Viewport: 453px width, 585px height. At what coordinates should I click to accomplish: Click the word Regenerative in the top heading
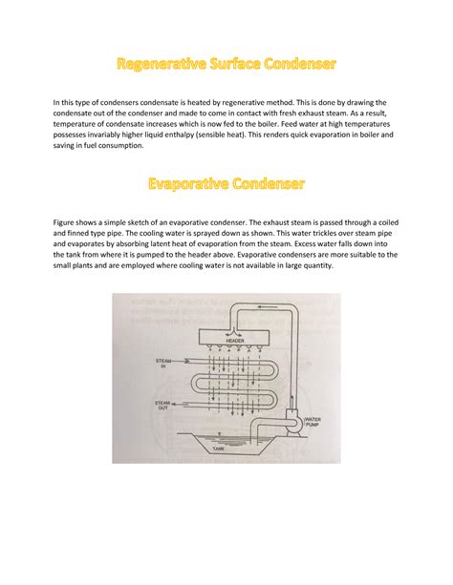point(162,65)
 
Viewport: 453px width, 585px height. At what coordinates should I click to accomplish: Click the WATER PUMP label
point(316,423)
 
